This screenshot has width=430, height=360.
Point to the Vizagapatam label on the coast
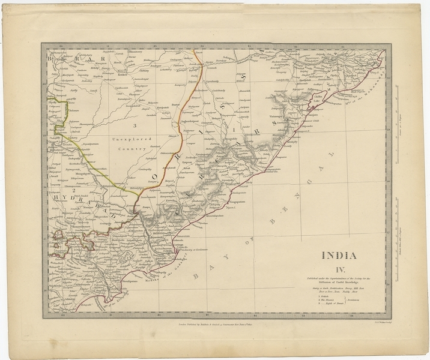243,204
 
